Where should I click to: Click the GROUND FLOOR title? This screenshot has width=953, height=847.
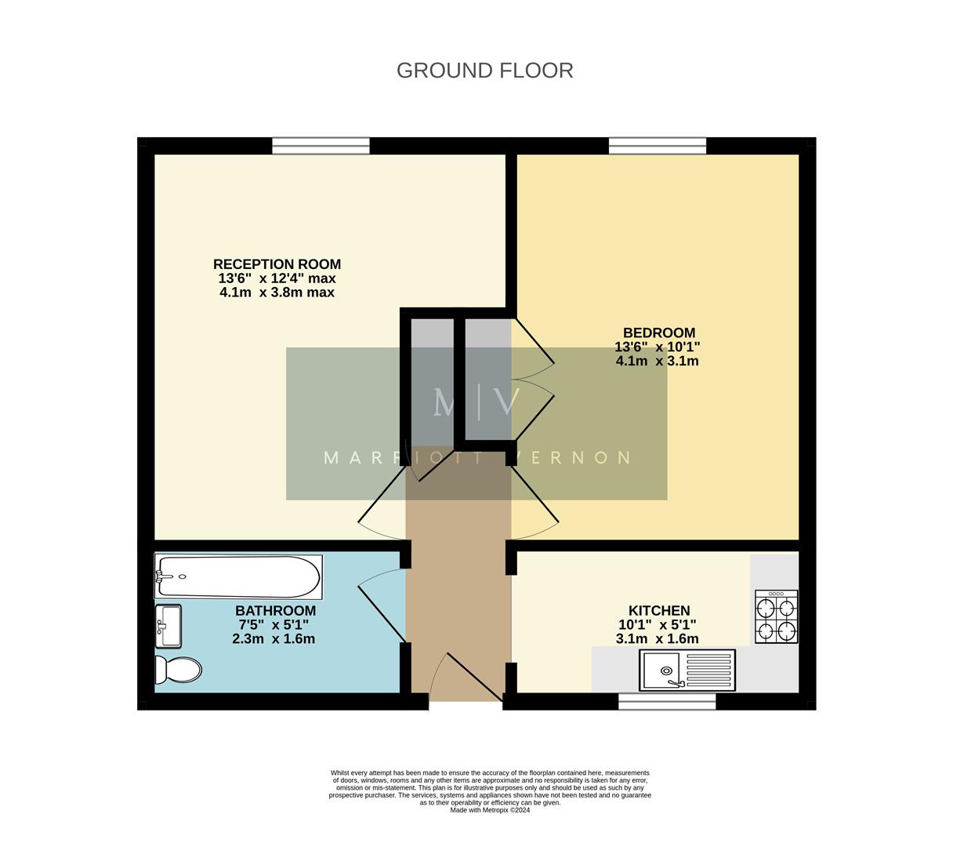point(484,71)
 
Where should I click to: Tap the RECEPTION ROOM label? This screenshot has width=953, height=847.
point(277,264)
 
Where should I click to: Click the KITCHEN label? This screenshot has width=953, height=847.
point(658,610)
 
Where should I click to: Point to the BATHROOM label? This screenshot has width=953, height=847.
point(275,610)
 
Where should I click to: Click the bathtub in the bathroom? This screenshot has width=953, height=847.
point(237,577)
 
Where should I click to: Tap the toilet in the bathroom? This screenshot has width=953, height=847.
point(177,670)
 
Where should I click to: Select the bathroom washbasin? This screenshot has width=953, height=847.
point(168,626)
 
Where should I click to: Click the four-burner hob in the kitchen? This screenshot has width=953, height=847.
point(776,616)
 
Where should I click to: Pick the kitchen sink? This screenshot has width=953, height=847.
point(687,671)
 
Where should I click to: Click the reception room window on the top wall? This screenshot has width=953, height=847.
point(321,146)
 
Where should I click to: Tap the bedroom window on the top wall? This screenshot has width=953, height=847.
point(657,146)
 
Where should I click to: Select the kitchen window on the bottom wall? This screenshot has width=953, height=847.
point(667,701)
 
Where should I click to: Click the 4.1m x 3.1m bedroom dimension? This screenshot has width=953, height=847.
point(657,362)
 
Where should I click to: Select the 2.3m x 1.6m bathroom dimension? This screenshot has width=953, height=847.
point(273,639)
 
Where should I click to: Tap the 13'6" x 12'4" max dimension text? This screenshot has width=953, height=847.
point(277,278)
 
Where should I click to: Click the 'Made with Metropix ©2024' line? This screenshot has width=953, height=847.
point(490,810)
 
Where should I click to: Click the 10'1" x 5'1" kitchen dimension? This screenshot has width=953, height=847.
point(657,625)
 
